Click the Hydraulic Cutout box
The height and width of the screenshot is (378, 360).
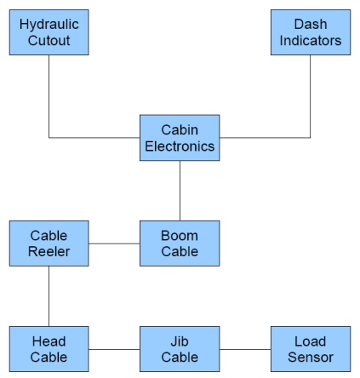49,32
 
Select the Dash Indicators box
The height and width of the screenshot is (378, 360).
311,32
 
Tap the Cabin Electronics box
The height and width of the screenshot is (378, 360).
180,138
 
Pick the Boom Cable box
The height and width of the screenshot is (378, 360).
180,243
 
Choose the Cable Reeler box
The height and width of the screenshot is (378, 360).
49,243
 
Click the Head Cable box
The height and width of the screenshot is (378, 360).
49,349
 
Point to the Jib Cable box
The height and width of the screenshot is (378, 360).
180,349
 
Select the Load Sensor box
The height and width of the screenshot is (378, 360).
311,349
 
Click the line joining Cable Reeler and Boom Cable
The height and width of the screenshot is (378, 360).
114,243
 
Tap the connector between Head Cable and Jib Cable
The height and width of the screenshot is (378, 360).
114,349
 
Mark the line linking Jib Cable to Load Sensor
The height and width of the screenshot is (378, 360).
245,349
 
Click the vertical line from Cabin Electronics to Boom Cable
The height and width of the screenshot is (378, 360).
180,191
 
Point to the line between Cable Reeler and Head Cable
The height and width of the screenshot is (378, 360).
49,296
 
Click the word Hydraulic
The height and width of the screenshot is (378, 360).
49,25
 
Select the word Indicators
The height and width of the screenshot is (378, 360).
311,41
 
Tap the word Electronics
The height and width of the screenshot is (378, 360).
180,146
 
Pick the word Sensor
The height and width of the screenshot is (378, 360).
311,358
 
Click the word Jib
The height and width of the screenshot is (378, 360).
180,341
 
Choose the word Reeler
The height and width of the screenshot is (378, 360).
49,252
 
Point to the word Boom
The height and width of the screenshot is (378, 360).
180,236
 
